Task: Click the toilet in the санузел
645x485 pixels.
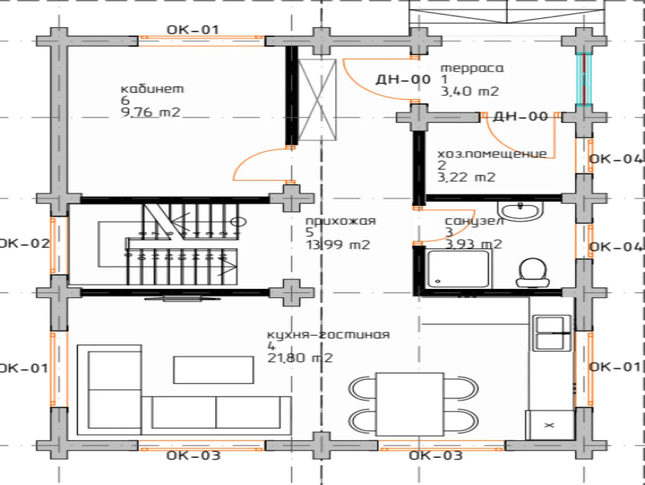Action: [533, 273]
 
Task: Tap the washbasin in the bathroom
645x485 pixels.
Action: [520, 211]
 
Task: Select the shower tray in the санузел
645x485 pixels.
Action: [458, 269]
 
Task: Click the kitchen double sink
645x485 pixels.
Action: [552, 333]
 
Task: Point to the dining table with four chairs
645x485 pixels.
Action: [410, 404]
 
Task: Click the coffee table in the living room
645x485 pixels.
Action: [214, 370]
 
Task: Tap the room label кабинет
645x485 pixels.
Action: [152, 88]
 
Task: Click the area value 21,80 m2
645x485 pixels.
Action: [300, 358]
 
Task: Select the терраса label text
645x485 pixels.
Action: [472, 69]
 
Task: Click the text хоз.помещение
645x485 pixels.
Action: [492, 154]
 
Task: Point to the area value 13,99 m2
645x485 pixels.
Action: [338, 245]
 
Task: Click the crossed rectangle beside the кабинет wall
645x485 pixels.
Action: [317, 100]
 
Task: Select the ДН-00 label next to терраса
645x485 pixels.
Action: [403, 79]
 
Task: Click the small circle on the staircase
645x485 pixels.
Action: [238, 222]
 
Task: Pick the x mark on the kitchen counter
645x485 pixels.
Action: [549, 425]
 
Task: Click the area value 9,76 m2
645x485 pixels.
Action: [150, 112]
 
